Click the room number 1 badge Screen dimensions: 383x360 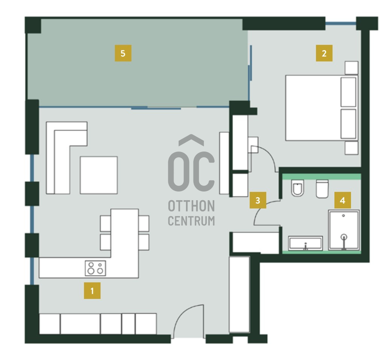(92, 291)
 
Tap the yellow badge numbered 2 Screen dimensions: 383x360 (324, 53)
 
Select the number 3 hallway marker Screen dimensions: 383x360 (258, 200)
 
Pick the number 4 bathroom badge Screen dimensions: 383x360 (343, 200)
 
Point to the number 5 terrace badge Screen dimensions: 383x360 (123, 53)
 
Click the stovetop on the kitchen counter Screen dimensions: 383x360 (96, 268)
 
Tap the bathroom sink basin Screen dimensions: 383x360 (305, 244)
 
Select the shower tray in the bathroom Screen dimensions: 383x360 (344, 230)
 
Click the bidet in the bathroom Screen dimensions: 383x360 (298, 188)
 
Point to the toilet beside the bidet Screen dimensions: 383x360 (322, 189)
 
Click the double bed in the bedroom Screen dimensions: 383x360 (322, 108)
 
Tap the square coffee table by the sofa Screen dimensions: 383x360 (99, 175)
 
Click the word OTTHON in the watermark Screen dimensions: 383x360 (191, 206)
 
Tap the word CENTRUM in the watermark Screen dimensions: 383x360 (191, 221)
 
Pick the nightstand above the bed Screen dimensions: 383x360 (351, 68)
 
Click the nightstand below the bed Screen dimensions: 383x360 (351, 148)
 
